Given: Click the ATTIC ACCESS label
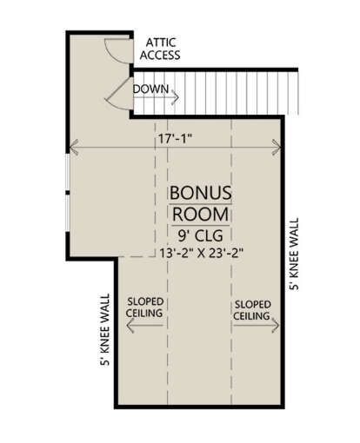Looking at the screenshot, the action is tap(160, 49).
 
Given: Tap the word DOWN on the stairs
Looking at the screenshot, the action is tap(150, 89).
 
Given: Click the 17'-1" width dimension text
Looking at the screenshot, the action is tap(175, 139).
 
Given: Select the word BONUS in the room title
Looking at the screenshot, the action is tap(201, 193).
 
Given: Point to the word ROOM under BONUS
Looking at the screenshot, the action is tap(201, 214).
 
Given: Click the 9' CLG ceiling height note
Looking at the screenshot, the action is tap(201, 235).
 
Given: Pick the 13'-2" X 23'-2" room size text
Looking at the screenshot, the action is tap(201, 253).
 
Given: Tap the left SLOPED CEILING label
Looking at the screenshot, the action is tap(144, 307).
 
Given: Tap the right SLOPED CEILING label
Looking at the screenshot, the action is tap(252, 310).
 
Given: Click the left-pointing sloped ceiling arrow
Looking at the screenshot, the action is tap(144, 326).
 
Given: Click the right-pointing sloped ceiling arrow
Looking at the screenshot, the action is tap(257, 326).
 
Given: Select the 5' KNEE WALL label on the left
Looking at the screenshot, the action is tap(105, 329).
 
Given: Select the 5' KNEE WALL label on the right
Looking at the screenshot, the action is tap(294, 254).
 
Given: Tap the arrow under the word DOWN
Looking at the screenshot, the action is tap(156, 97).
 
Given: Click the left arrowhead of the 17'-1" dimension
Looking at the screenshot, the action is tap(74, 147).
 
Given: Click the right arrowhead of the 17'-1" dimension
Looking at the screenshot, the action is tap(277, 147).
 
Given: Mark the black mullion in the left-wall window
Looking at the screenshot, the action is tap(68, 193).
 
